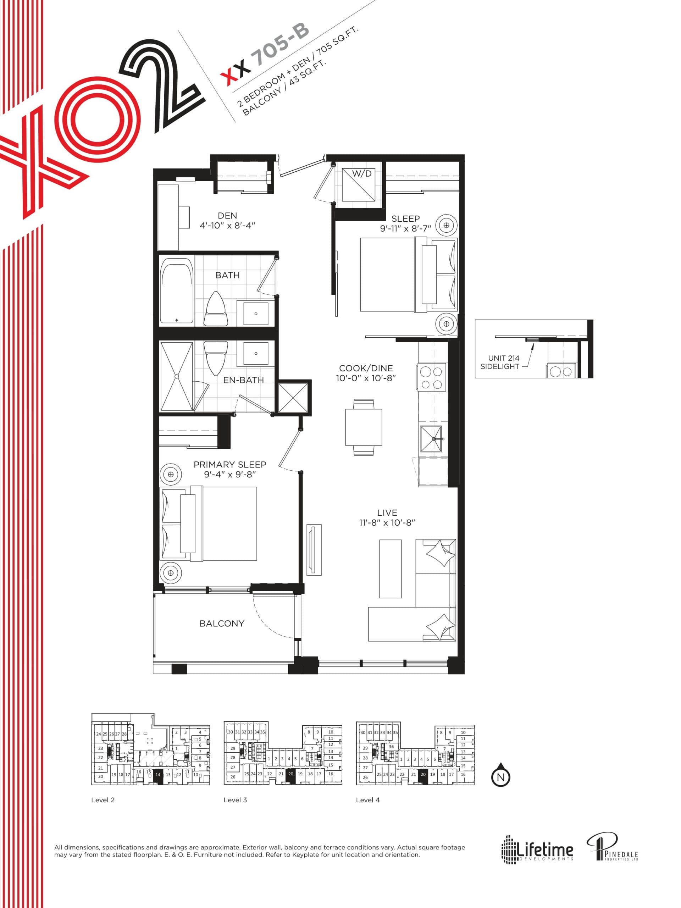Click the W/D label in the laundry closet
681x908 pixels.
tap(362, 174)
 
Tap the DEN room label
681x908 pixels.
tap(227, 216)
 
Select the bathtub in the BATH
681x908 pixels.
tap(177, 290)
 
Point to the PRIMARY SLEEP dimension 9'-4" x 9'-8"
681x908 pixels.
tap(230, 474)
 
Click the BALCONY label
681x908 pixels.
tap(222, 624)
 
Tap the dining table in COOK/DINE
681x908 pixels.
tap(364, 427)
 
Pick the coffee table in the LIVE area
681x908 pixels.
tap(390, 569)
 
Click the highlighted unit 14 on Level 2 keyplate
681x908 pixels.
tap(158, 775)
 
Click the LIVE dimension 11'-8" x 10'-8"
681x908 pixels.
tap(387, 522)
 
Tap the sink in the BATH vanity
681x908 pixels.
tap(256, 314)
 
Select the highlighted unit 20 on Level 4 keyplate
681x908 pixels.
tap(423, 774)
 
